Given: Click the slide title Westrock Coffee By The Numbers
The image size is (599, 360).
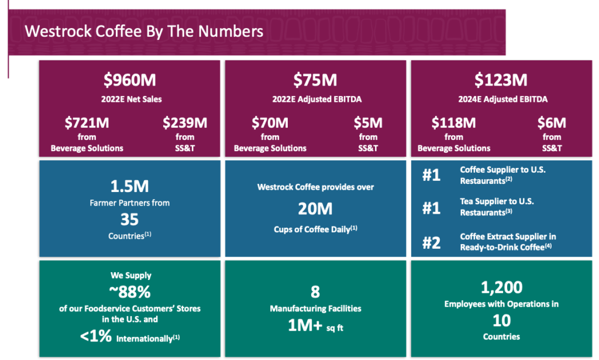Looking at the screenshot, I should (143, 30).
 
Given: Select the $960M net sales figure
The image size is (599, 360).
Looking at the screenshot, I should (129, 79).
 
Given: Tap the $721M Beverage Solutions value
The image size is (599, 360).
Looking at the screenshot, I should (87, 123).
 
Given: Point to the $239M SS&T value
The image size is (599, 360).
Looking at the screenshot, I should (185, 123).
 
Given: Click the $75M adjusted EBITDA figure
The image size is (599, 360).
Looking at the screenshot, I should (316, 79).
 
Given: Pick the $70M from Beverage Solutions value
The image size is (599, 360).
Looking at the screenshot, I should (270, 123).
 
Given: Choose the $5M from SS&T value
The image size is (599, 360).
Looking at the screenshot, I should (368, 123).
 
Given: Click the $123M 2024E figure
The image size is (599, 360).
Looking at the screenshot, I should (500, 79).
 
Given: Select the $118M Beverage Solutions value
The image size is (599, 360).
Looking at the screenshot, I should (453, 123).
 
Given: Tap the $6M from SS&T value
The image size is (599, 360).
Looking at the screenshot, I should (552, 123).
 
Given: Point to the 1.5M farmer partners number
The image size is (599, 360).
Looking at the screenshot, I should (129, 187).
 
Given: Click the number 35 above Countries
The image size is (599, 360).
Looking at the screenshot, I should (129, 220).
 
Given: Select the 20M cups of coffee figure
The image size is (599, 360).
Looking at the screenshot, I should (315, 208).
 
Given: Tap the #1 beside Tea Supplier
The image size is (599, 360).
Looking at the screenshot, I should (431, 208).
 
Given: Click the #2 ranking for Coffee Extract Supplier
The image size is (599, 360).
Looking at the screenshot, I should (431, 242).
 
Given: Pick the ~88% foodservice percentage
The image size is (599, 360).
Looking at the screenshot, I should (129, 292).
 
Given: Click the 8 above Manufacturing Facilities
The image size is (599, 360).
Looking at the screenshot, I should (315, 292).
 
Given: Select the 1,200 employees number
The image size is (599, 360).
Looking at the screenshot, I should (501, 287).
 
